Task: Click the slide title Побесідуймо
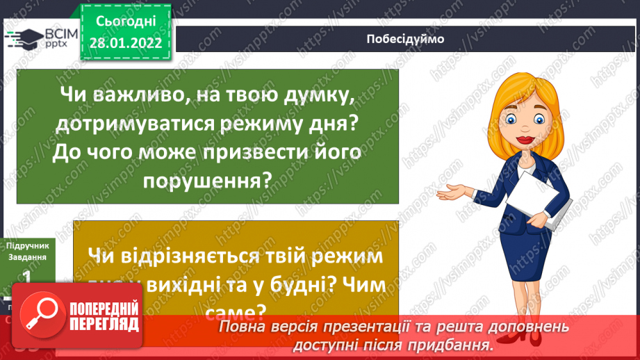pos(405,38)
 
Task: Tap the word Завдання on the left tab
pos(27,257)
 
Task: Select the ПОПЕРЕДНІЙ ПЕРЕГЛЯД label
pos(103,316)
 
